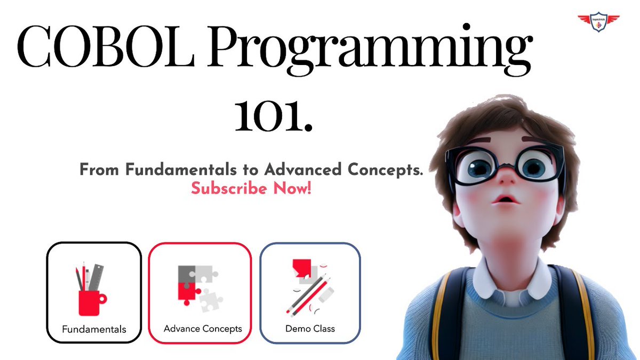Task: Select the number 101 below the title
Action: (273, 116)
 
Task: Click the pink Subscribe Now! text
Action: (251, 188)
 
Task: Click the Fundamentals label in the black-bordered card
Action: (94, 329)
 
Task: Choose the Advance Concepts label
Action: (203, 329)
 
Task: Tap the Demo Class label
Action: (310, 329)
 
